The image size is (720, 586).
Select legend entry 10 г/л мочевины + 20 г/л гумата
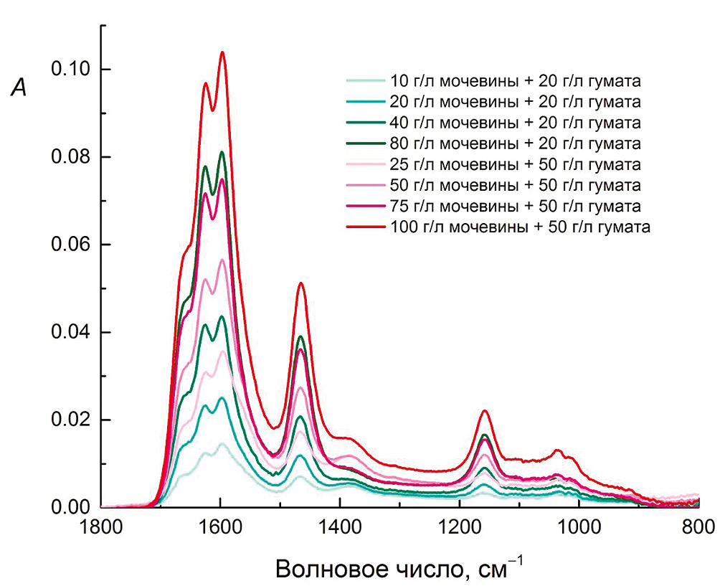tap(515, 80)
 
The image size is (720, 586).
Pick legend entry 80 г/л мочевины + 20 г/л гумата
tap(515, 143)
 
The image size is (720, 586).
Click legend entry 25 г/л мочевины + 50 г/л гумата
tap(515, 164)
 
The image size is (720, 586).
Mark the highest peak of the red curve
tap(222, 52)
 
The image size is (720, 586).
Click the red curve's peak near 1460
tap(301, 283)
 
